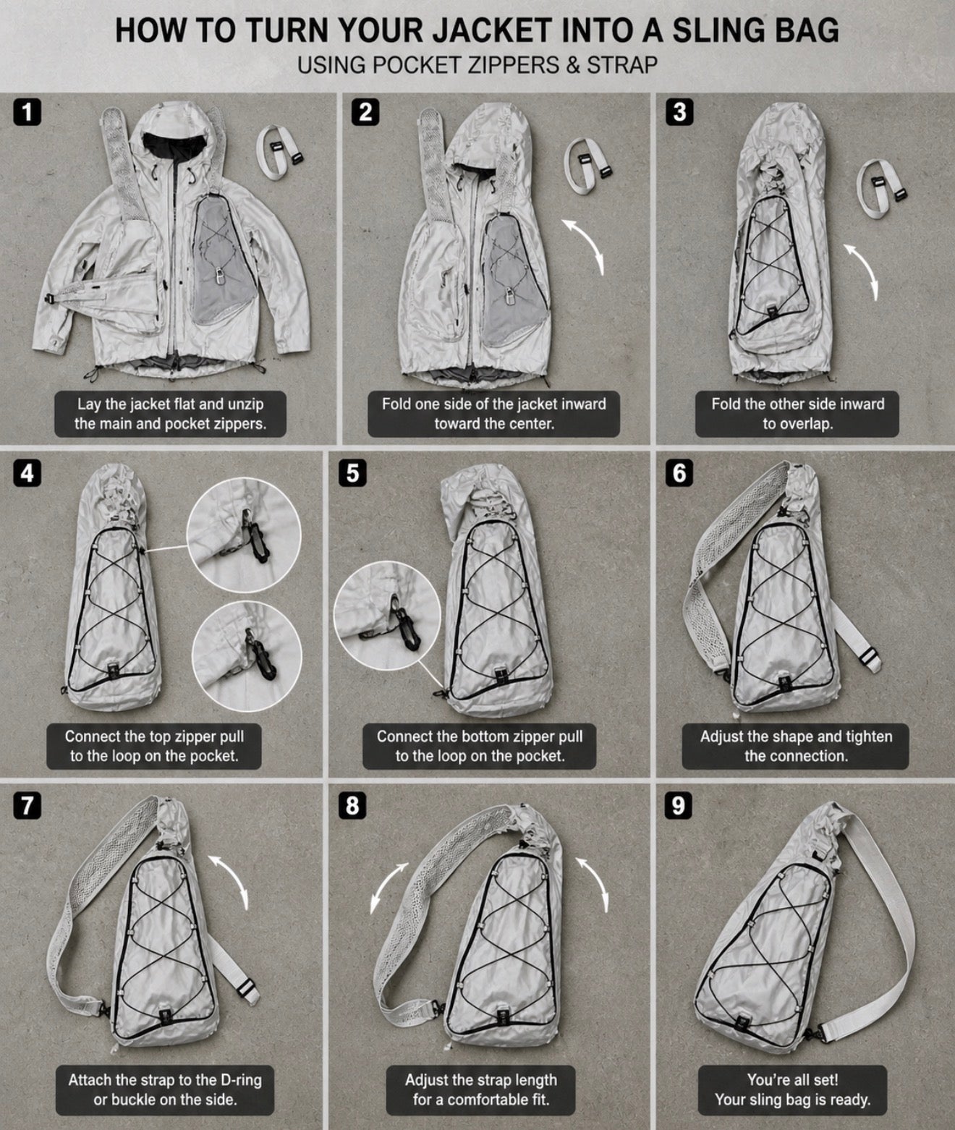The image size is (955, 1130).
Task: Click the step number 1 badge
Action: [27, 112]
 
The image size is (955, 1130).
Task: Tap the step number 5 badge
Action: [352, 473]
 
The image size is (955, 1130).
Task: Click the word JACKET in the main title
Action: [491, 30]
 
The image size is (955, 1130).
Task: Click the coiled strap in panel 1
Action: [279, 153]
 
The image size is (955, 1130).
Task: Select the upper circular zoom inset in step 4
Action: [244, 535]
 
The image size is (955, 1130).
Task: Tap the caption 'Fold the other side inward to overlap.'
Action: [797, 414]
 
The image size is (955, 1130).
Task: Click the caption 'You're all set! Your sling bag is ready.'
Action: [793, 1090]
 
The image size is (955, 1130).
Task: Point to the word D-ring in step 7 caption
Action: [242, 1080]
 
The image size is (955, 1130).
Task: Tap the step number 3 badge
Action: [680, 112]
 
